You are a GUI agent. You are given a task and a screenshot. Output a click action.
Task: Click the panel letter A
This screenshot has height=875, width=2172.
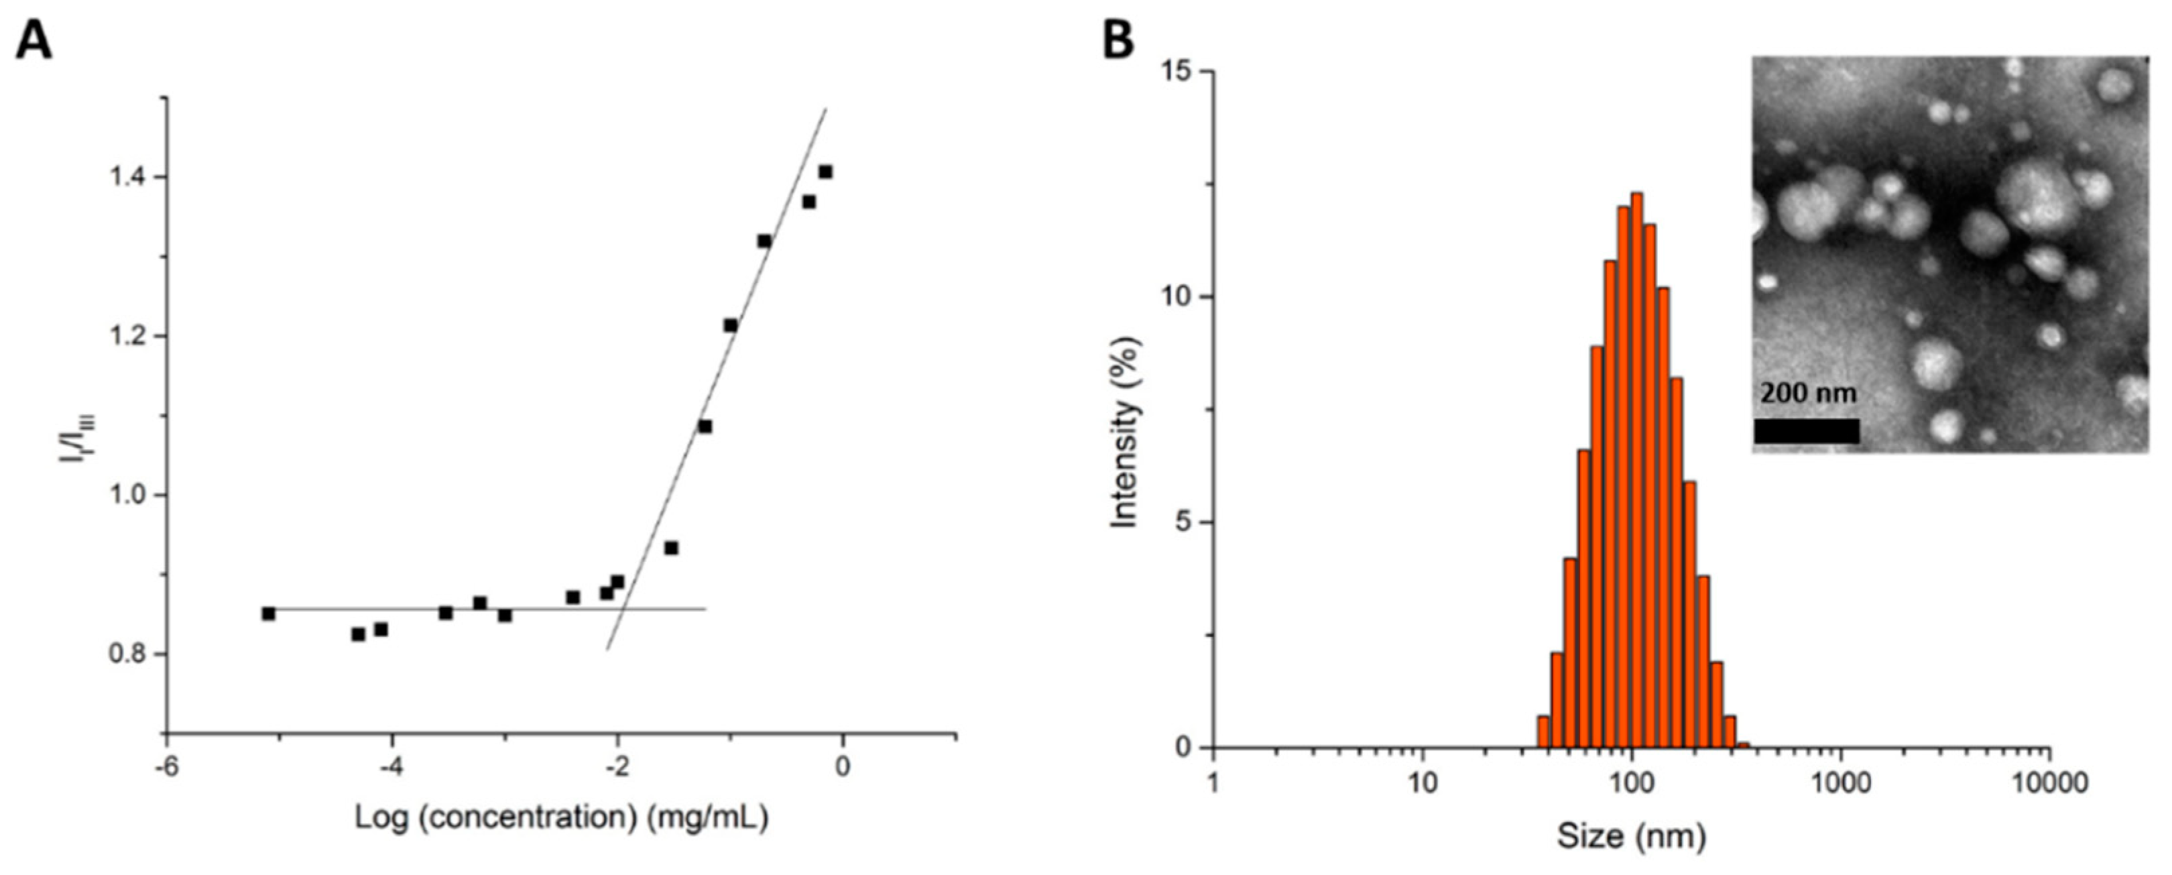[34, 40]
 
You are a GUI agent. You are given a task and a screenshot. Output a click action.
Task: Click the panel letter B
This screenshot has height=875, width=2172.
[1118, 40]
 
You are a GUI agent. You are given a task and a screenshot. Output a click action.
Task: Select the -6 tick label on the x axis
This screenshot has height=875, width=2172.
[166, 766]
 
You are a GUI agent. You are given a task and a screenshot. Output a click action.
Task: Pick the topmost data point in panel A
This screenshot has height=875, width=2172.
[825, 172]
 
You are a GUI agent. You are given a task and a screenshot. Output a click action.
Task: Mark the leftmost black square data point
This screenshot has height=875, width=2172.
[268, 614]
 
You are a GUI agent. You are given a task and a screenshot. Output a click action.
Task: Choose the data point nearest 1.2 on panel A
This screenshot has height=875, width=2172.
[730, 325]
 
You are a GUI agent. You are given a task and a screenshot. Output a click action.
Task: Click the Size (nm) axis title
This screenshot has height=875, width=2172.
[1631, 835]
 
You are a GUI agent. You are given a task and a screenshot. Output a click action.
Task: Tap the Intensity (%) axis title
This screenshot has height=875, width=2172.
[1125, 432]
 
